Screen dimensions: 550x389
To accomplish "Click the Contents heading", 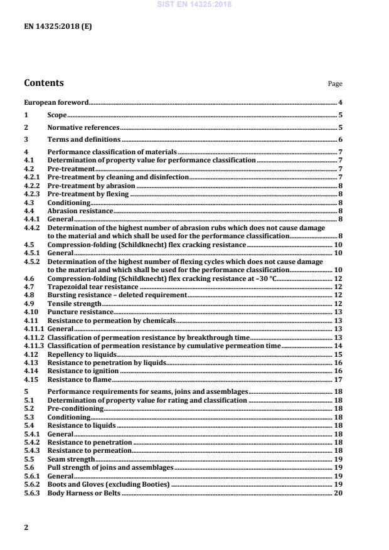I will pyautogui.click(x=43, y=83).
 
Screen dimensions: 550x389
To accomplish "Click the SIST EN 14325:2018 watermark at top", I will pyautogui.click(x=194, y=4).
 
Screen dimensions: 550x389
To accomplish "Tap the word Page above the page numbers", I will pyautogui.click(x=335, y=84).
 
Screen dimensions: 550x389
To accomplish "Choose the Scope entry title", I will pyautogui.click(x=57, y=115).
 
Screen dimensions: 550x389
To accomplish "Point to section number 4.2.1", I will pyautogui.click(x=31, y=177).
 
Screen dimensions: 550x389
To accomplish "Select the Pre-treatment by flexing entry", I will pyautogui.click(x=88, y=194).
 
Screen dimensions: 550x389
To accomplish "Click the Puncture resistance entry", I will pyautogui.click(x=80, y=312).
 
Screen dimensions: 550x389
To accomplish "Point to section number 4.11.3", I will pyautogui.click(x=34, y=346).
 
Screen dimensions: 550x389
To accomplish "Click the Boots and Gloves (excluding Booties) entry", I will pyautogui.click(x=109, y=485).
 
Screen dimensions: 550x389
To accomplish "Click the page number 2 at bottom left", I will pyautogui.click(x=26, y=527).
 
